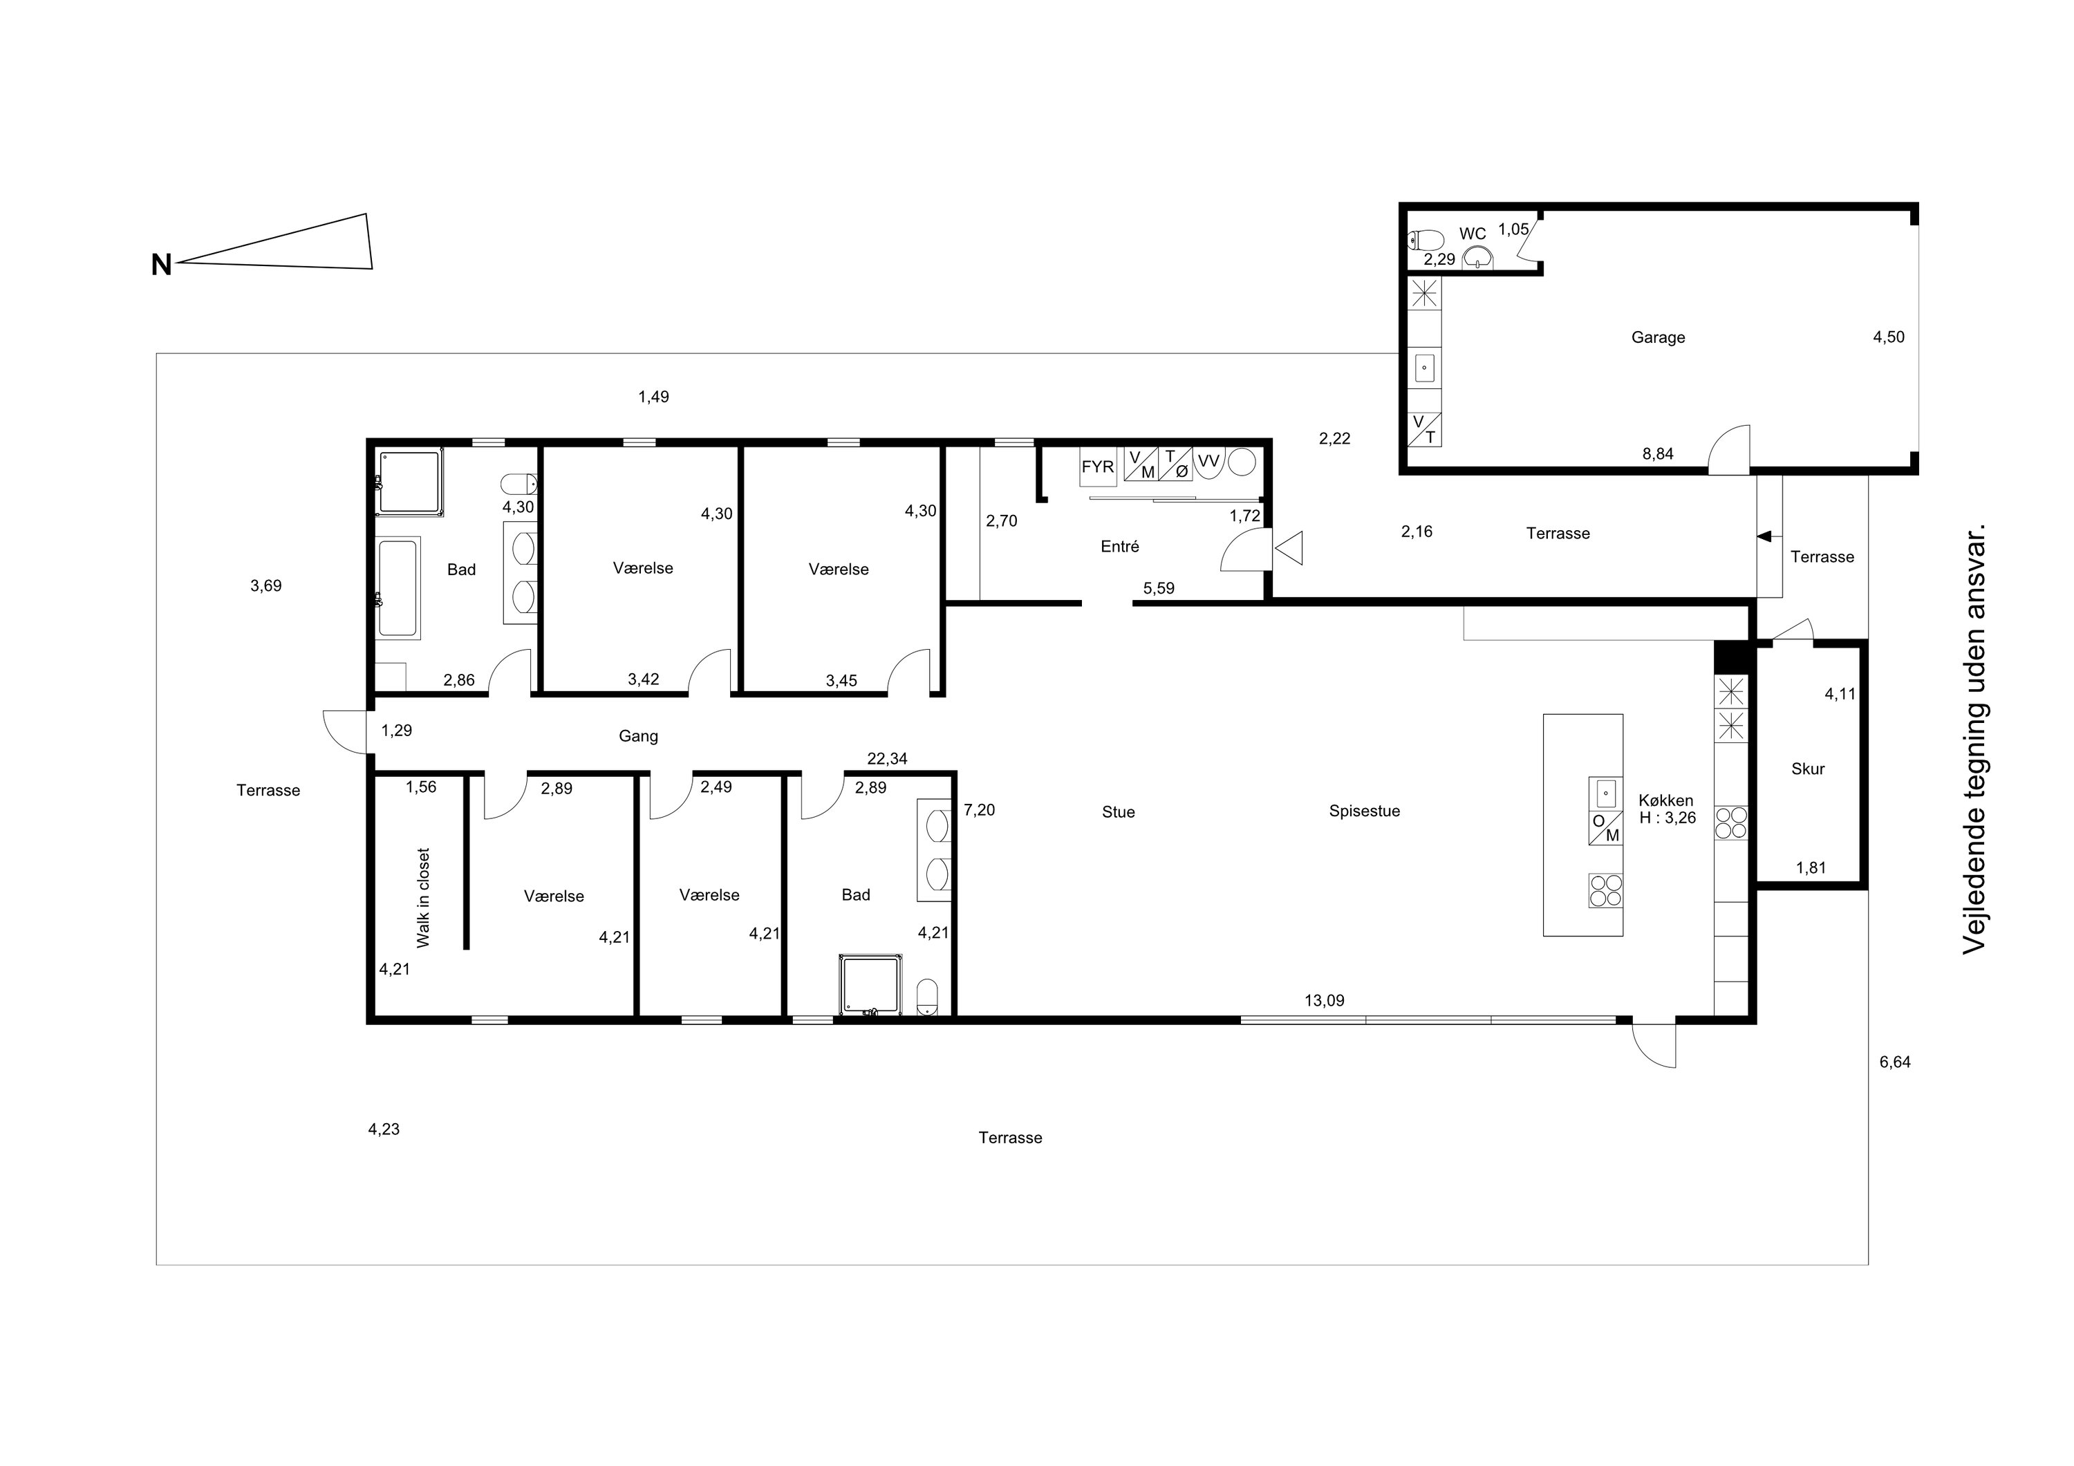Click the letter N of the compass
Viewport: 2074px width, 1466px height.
(162, 265)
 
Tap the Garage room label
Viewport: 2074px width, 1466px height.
(1658, 338)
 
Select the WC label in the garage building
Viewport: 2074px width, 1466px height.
(1473, 234)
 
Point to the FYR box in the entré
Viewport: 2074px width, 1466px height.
(1098, 468)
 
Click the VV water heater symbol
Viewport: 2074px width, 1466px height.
(1208, 462)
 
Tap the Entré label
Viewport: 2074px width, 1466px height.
(1120, 547)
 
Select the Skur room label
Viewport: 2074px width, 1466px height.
(1808, 769)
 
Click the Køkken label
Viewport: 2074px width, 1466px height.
(1665, 800)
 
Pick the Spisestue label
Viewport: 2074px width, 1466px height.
(1364, 811)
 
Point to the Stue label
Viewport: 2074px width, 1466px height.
(1119, 812)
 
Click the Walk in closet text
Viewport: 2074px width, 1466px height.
(422, 897)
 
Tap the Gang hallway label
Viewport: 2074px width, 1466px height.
(637, 736)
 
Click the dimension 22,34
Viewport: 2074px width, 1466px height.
(887, 759)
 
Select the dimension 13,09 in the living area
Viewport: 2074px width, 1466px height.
(1325, 1001)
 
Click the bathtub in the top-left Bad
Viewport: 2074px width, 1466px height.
(398, 588)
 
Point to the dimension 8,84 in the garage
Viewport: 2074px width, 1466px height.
(1658, 454)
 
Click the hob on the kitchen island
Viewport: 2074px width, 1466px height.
(1606, 891)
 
